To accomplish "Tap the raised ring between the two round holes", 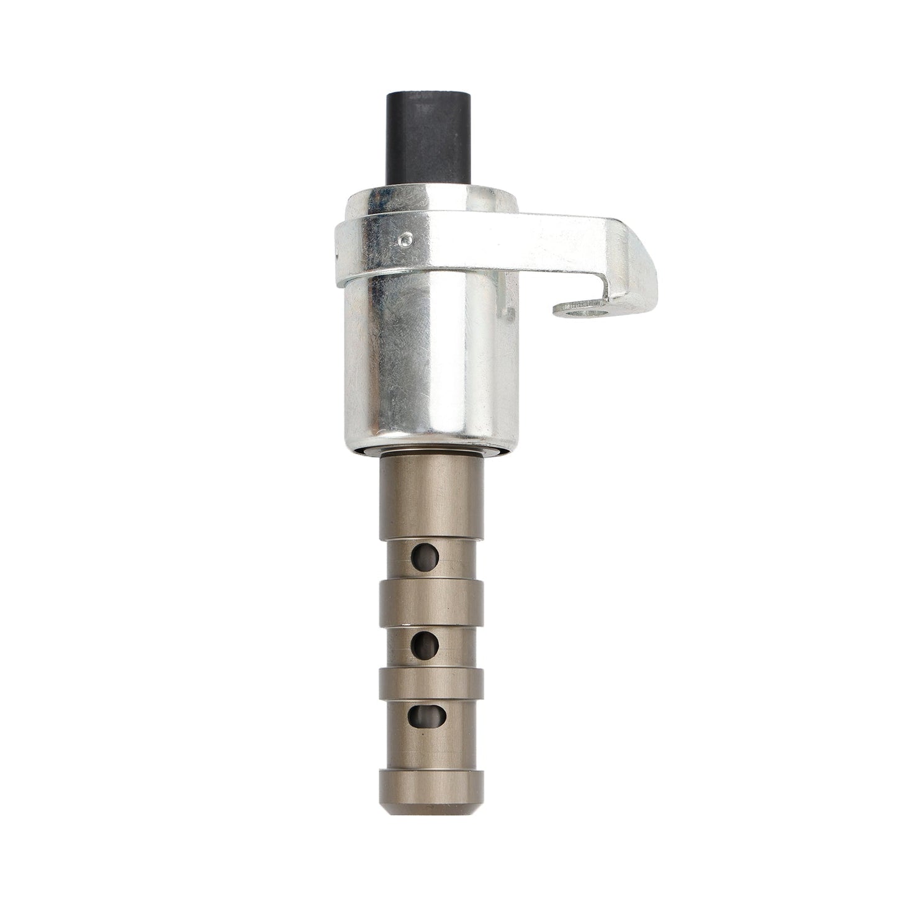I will [431, 597].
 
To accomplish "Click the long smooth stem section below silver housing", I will [431, 490].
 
